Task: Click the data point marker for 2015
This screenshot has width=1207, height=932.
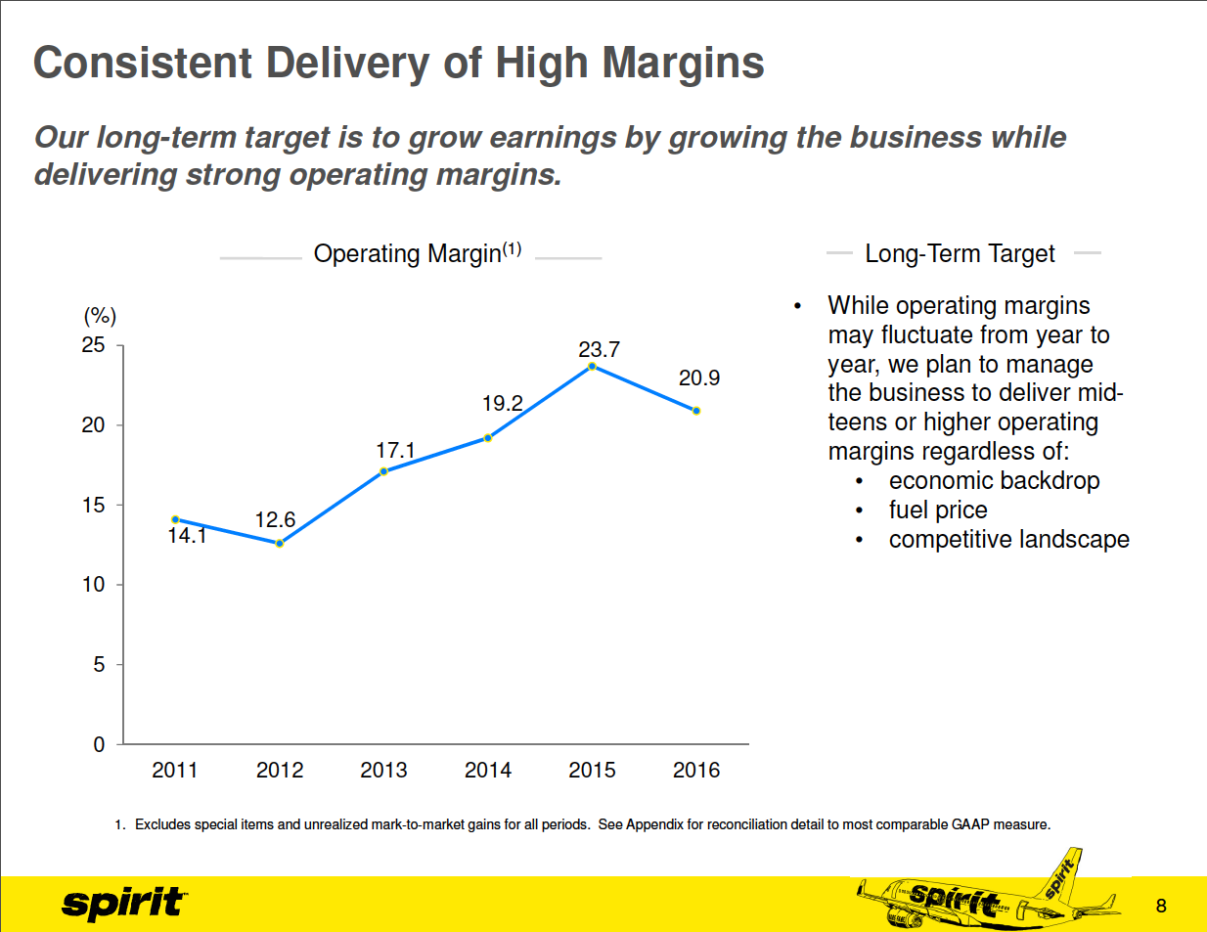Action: (x=592, y=366)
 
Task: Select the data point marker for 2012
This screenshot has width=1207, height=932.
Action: (x=280, y=543)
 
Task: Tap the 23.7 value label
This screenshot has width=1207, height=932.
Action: (x=599, y=349)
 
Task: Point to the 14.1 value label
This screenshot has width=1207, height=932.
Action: (x=187, y=536)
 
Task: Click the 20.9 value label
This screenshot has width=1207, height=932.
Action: (x=699, y=377)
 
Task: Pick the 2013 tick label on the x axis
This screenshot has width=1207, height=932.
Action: (x=383, y=771)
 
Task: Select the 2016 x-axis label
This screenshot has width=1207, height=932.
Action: (x=696, y=771)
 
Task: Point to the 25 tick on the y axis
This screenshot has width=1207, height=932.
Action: (x=94, y=345)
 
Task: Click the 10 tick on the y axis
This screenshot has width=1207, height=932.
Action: (x=94, y=585)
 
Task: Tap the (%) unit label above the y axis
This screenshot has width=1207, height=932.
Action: (x=100, y=316)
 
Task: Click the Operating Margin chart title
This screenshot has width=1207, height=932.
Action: (x=417, y=253)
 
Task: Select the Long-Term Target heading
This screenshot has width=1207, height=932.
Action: (x=960, y=254)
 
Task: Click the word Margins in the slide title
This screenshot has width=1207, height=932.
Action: (x=683, y=64)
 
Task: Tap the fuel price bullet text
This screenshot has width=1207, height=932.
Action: (x=938, y=510)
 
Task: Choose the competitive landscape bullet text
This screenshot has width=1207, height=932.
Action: (x=1008, y=540)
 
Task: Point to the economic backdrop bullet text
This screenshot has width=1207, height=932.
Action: (x=994, y=481)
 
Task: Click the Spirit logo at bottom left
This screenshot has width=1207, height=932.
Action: (x=123, y=903)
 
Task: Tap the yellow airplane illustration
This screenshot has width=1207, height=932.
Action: (x=988, y=895)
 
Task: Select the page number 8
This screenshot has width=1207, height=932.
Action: (x=1161, y=906)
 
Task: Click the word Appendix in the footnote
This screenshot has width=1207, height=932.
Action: (x=654, y=824)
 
